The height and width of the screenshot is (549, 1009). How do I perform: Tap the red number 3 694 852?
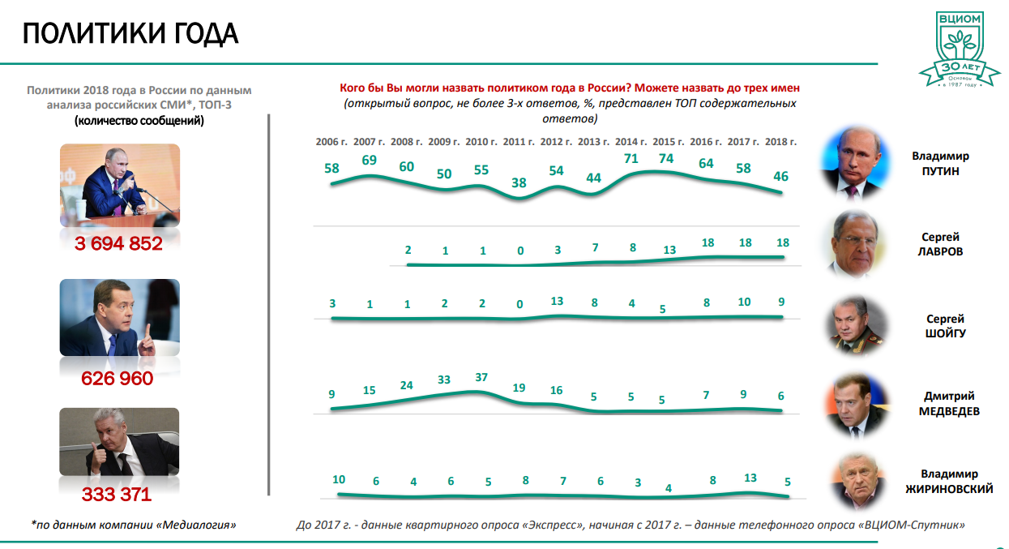coord(119,242)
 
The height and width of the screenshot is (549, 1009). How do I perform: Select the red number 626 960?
coord(118,378)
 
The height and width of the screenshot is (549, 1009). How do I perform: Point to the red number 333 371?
coord(117,495)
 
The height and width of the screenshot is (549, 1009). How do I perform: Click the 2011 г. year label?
coord(519,141)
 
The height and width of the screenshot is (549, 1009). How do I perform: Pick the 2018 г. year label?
coord(780,141)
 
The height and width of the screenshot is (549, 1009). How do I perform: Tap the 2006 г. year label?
coord(331,141)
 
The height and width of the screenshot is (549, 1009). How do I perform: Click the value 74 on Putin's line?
coord(665,159)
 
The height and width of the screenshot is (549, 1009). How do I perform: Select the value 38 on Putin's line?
coord(519,182)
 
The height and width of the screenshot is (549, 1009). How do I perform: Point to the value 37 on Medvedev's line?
coord(481,377)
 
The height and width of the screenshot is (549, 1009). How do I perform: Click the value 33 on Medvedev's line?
coord(444,380)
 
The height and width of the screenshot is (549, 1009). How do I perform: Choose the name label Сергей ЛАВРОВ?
coord(941,244)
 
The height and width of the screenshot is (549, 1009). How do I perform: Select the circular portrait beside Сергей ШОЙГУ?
coord(856,327)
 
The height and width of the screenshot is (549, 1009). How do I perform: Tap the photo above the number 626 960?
coord(119,318)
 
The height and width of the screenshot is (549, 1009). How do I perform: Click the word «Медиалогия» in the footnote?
coord(200,525)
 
